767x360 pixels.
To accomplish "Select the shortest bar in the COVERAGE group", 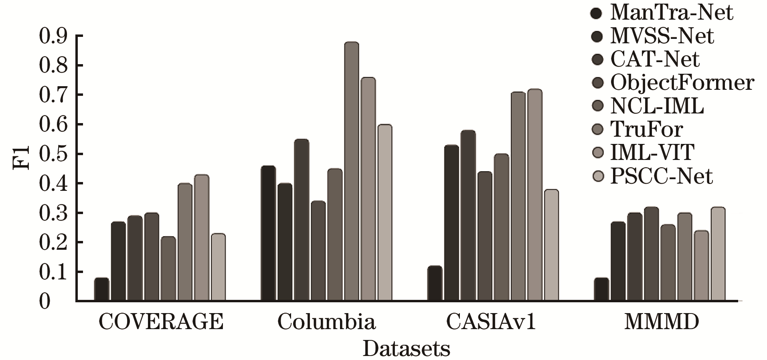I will click(101, 289).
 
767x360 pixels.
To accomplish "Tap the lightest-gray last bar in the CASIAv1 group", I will click(552, 245).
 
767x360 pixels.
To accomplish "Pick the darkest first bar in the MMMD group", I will click(601, 289).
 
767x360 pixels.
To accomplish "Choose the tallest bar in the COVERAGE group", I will click(202, 237).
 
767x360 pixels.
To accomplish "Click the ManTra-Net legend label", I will click(672, 12).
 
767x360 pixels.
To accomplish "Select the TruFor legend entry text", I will click(646, 129).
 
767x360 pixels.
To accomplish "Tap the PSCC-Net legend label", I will click(662, 176).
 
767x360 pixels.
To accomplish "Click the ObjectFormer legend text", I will click(682, 83).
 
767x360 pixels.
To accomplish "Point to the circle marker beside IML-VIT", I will click(598, 153).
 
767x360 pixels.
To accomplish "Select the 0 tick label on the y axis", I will click(45, 301).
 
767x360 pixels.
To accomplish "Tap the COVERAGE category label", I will click(161, 322).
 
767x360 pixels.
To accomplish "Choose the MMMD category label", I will click(662, 322).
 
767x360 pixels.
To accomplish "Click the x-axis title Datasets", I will click(406, 349).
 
